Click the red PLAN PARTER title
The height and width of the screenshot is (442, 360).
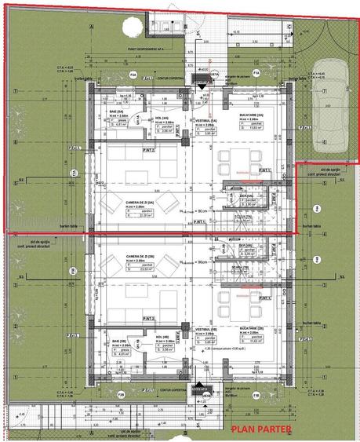click(x=261, y=429)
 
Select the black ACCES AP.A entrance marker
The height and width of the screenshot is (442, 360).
click(x=204, y=69)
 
